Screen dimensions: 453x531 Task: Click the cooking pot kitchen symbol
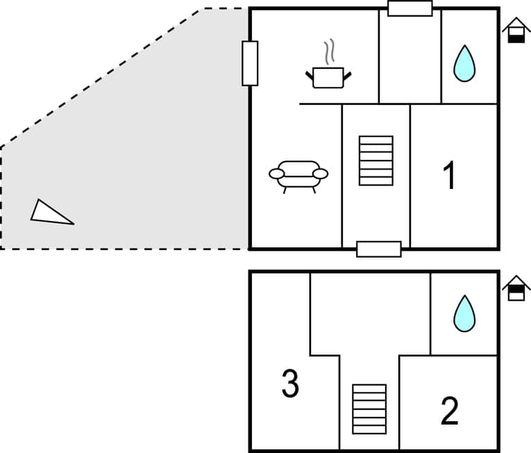coord(328,76)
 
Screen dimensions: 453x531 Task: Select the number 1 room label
coord(450,175)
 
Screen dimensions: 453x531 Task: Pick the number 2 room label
coord(449,411)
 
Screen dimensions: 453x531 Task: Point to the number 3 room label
coord(290,384)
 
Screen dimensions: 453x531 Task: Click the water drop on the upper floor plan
coord(464,63)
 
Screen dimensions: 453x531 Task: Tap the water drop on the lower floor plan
coord(464,313)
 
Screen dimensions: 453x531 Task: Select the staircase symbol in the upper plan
coord(376,160)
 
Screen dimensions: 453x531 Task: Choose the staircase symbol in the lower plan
coord(369,409)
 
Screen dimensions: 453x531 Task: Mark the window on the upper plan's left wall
coord(250,63)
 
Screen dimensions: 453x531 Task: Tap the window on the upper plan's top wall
coord(410,8)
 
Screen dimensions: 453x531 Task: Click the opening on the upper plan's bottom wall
coord(379,249)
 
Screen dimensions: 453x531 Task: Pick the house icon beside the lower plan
coord(516,288)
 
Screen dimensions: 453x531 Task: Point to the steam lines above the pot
coord(330,51)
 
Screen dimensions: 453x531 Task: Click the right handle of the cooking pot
coord(348,72)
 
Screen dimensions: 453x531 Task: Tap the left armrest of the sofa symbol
coord(277,172)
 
